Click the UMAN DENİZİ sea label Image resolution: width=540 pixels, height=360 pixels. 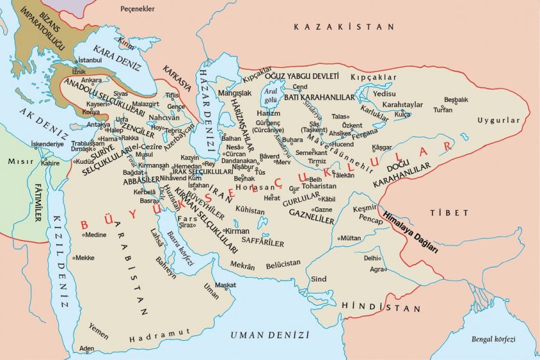[x=270, y=335]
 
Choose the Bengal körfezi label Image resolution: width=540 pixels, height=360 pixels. [x=504, y=339]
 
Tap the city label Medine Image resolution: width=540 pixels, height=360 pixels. [x=94, y=235]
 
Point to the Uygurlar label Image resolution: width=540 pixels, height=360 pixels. [x=498, y=120]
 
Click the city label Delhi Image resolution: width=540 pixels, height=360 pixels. [x=372, y=258]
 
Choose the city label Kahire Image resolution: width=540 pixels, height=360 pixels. [x=50, y=163]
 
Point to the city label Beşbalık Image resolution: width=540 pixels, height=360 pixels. [x=456, y=100]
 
